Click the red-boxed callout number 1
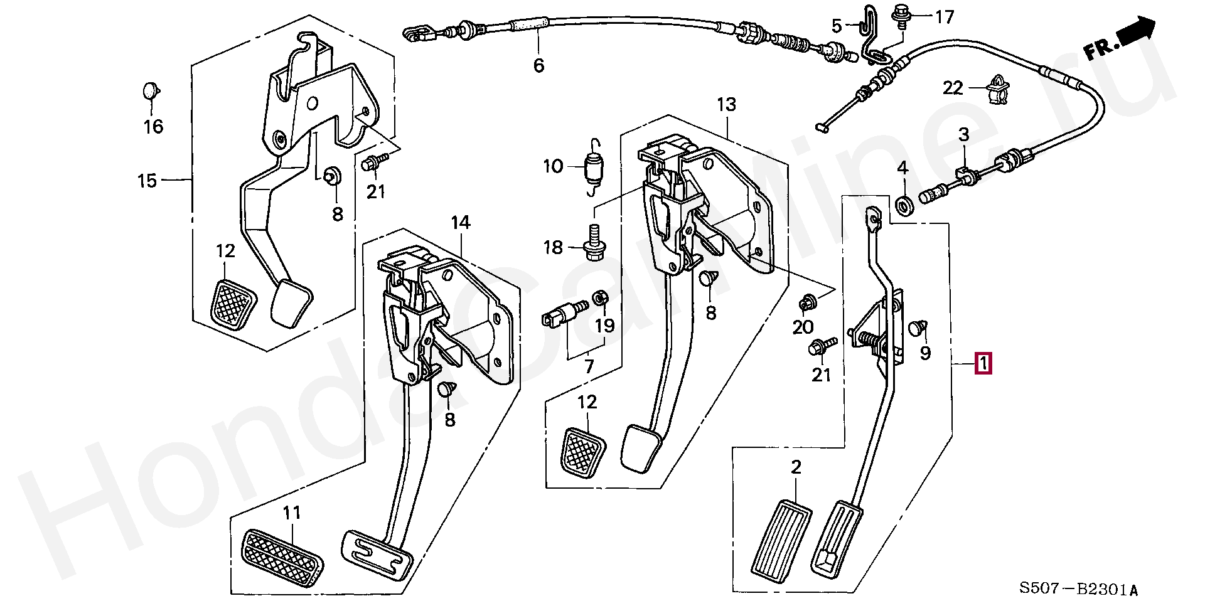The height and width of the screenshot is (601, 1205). click(983, 364)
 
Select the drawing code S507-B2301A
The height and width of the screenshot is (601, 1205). click(1078, 588)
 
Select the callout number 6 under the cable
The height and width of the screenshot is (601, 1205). click(538, 65)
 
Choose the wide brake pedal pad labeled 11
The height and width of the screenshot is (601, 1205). click(284, 558)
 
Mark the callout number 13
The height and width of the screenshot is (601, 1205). click(726, 104)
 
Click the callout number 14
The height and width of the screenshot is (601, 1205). click(460, 222)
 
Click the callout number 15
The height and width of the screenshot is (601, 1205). click(147, 181)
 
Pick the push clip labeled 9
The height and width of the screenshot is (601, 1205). click(918, 328)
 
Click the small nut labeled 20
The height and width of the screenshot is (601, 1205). click(805, 304)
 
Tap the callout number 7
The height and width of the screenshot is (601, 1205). click(589, 366)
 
